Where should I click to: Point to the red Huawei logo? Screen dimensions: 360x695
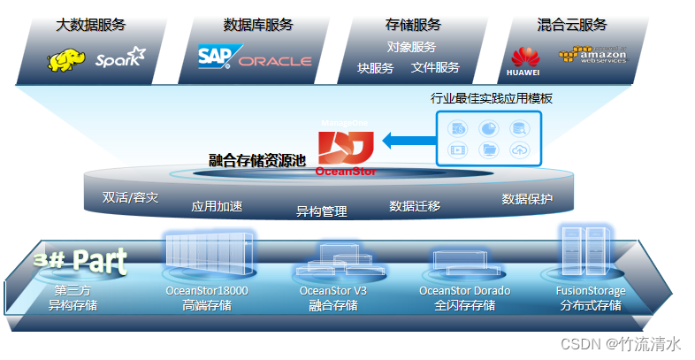click(x=523, y=60)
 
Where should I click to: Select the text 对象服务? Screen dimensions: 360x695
click(x=411, y=46)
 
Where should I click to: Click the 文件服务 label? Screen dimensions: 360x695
click(x=435, y=67)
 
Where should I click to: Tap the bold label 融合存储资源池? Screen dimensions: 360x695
click(x=256, y=160)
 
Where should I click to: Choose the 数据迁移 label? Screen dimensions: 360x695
click(x=415, y=206)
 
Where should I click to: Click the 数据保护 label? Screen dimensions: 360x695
click(x=527, y=198)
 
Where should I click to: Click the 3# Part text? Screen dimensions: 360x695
click(x=80, y=260)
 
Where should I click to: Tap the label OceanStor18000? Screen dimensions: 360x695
click(x=206, y=290)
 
